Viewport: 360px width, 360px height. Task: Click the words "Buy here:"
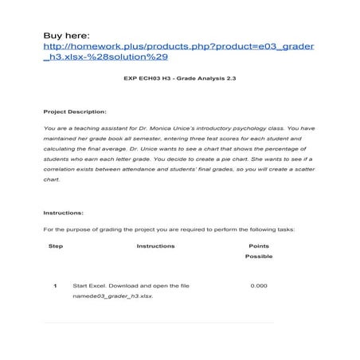(x=67, y=36)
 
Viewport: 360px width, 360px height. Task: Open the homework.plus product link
(x=179, y=46)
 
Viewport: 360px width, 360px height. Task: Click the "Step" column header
(x=55, y=246)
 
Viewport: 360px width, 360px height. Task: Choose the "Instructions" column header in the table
(x=155, y=246)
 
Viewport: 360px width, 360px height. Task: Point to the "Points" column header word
(x=259, y=246)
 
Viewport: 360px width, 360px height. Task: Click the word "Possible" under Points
(x=259, y=256)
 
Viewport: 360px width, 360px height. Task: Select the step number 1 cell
(x=55, y=285)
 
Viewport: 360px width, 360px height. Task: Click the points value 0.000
(x=259, y=285)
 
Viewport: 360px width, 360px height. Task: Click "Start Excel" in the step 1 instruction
(x=88, y=285)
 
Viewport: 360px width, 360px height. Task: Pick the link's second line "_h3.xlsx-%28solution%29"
(x=105, y=57)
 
